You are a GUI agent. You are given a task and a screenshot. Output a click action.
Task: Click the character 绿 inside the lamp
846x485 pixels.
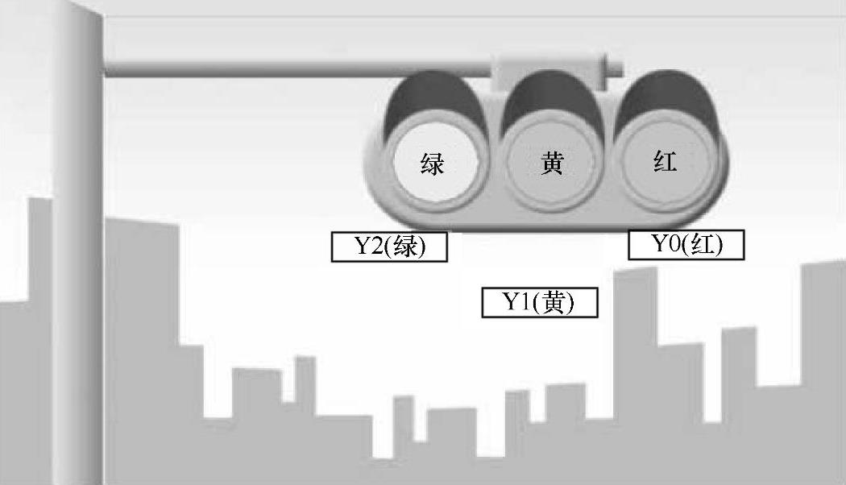(x=432, y=164)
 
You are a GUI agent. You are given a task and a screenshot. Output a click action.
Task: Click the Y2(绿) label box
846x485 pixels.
(x=389, y=247)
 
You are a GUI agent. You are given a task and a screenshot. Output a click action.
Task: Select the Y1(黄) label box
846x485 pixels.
(x=539, y=303)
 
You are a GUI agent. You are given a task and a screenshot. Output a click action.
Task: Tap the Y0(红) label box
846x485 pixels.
(x=686, y=245)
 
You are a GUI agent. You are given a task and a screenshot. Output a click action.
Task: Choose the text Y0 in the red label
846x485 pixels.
(x=666, y=245)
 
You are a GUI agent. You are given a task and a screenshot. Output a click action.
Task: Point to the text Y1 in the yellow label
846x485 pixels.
(x=516, y=303)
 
